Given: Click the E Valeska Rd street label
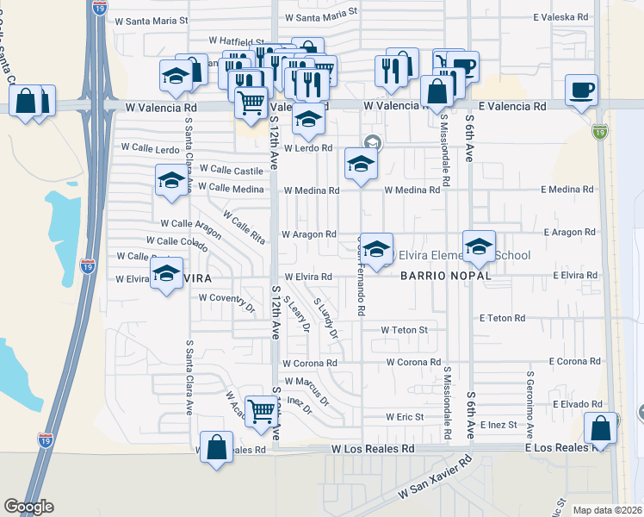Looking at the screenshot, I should click(x=561, y=16).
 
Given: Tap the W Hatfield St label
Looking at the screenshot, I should click(x=237, y=40).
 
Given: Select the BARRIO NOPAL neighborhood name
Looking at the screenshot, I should click(x=445, y=276).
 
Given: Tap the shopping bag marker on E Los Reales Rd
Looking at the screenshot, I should click(x=600, y=427).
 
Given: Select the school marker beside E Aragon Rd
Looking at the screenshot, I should click(x=480, y=246).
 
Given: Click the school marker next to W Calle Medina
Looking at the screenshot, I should click(x=171, y=181).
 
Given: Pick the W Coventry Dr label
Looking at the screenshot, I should click(x=227, y=298).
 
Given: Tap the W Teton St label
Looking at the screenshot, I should click(x=406, y=330).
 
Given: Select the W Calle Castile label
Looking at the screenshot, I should click(x=232, y=171).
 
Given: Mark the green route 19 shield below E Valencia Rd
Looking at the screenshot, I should click(x=599, y=132).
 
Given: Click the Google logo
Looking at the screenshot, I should click(x=28, y=507).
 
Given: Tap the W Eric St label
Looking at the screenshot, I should click(x=404, y=417).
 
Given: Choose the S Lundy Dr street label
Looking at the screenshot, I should click(x=325, y=318).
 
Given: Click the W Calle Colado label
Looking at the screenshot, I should click(x=176, y=241).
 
